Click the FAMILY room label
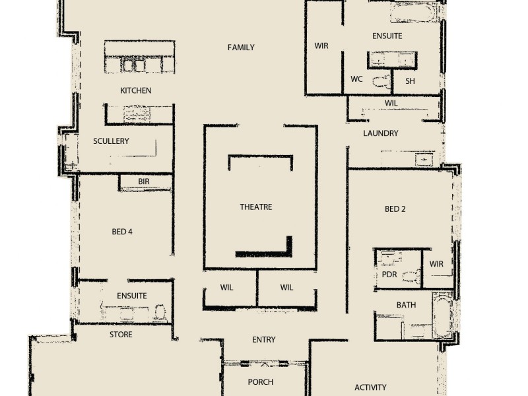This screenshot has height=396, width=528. coord(241,48)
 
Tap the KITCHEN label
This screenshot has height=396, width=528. coord(135,90)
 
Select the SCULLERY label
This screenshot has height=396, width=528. coord(111,141)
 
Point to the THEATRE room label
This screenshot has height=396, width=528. coord(256,207)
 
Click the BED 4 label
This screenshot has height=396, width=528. coord(123,232)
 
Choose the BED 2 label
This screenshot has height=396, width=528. coord(395,209)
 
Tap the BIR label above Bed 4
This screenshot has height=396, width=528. coord(144,181)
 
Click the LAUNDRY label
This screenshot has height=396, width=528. coord(381,133)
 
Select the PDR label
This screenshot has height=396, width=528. coord(389,275)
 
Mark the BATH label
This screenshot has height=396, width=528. coord(406,305)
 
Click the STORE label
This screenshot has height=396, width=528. coord(121,335)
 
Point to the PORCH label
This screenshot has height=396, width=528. coord(261,382)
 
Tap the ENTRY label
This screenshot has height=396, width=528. coord(264,340)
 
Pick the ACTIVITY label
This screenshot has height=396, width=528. coord(370,387)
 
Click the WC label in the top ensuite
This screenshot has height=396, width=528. coord(356,79)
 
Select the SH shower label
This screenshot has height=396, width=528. coord(410,81)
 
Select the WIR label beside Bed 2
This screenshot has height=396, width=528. coord(436,264)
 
